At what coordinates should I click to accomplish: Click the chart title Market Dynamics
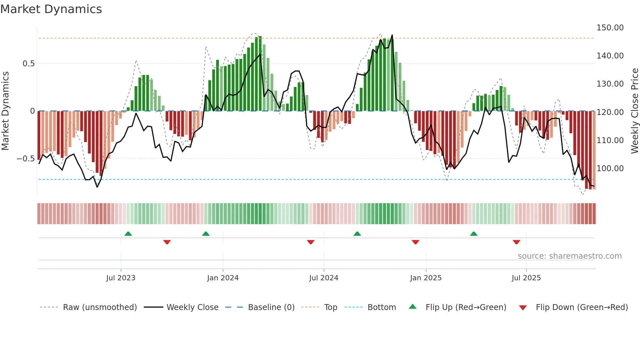pyautogui.click(x=51, y=9)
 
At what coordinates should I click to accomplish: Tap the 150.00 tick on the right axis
pyautogui.click(x=610, y=28)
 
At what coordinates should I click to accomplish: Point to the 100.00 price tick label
pyautogui.click(x=610, y=169)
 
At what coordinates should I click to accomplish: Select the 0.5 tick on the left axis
pyautogui.click(x=28, y=64)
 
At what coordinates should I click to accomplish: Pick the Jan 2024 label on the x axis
pyautogui.click(x=223, y=278)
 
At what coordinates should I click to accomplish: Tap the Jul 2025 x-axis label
pyautogui.click(x=526, y=278)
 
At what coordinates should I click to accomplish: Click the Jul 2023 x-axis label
pyautogui.click(x=120, y=278)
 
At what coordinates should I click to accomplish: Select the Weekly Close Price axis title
pyautogui.click(x=634, y=111)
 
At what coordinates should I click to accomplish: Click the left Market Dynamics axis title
pyautogui.click(x=5, y=111)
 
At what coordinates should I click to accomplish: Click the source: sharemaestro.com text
pyautogui.click(x=569, y=256)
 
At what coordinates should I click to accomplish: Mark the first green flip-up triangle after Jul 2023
pyautogui.click(x=128, y=234)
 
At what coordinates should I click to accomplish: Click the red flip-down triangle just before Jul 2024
pyautogui.click(x=311, y=242)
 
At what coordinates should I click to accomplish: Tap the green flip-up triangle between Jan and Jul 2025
pyautogui.click(x=473, y=234)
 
